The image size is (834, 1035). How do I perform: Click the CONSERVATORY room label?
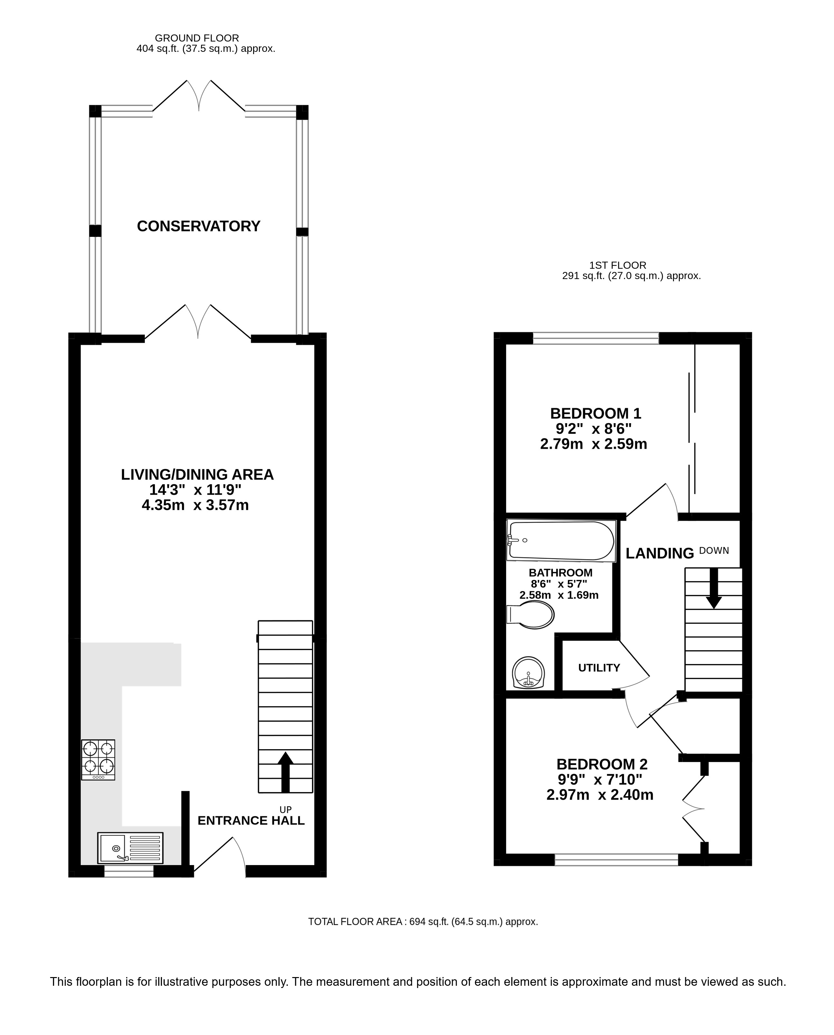(198, 226)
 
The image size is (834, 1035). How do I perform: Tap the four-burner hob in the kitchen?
(98, 760)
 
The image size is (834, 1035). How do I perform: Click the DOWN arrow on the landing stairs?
(714, 589)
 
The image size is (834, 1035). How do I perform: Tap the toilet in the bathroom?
(530, 615)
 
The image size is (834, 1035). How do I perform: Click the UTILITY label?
(599, 668)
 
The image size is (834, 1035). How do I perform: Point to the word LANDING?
(659, 554)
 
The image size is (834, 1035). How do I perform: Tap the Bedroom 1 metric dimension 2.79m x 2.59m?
(593, 444)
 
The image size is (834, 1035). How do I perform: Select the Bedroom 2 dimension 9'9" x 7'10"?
(599, 779)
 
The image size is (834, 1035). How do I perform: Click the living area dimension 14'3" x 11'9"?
(195, 490)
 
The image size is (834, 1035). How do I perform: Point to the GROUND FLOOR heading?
(197, 38)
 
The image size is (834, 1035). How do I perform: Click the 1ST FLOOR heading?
(618, 265)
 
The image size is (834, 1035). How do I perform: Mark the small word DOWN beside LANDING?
(714, 551)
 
